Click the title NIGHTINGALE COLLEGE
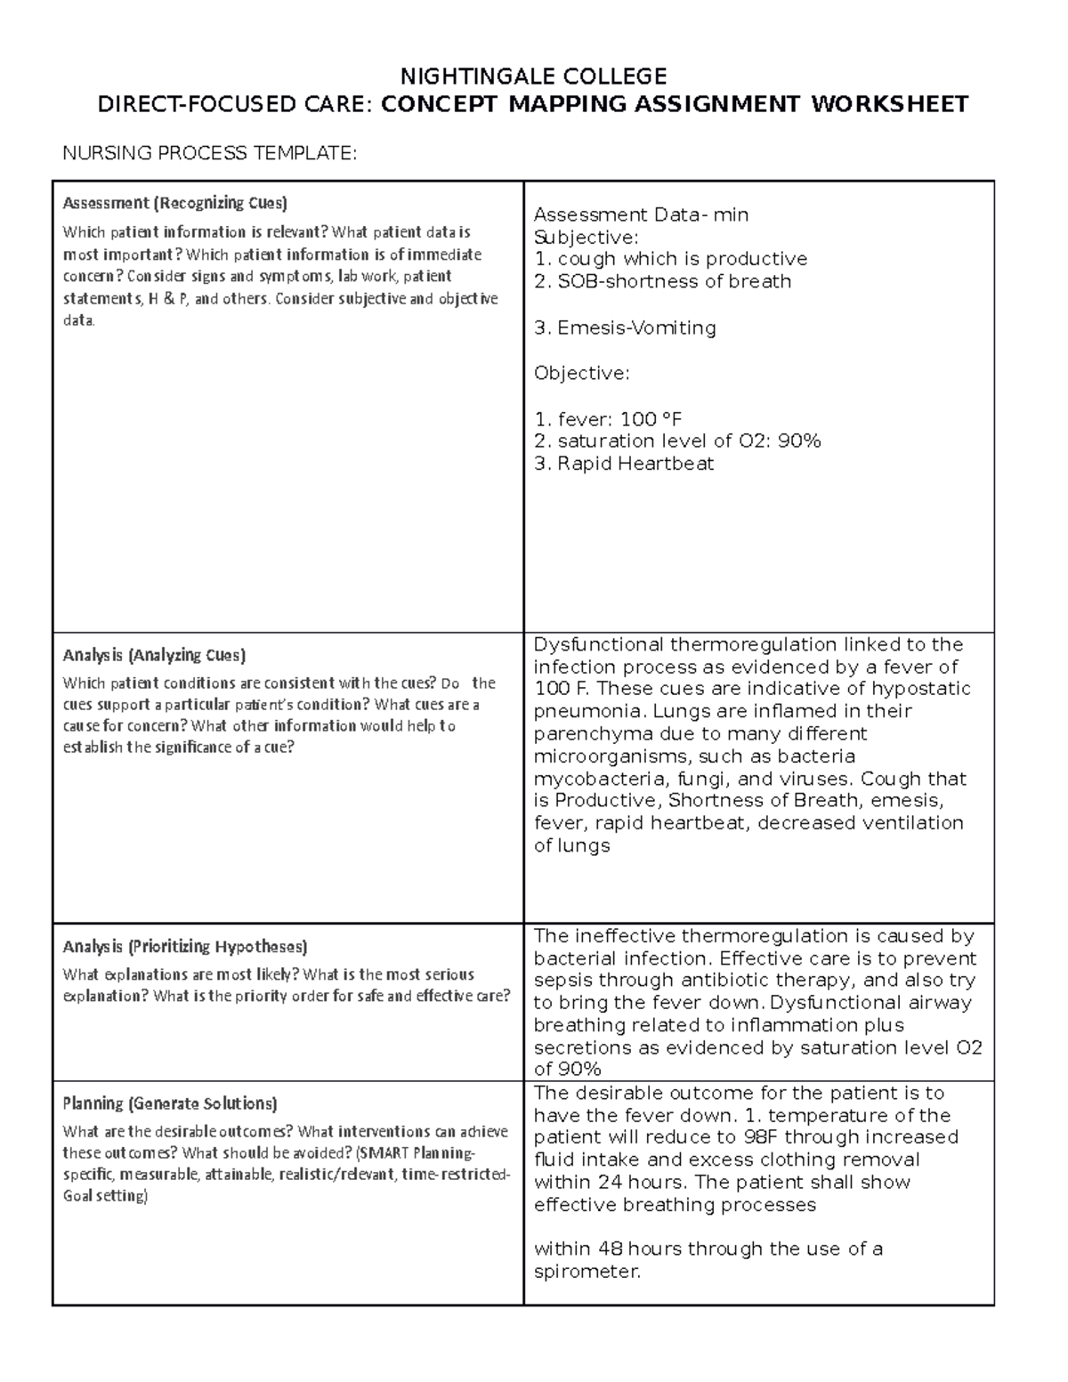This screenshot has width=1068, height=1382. pyautogui.click(x=533, y=75)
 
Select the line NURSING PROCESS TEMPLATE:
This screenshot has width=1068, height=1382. pyautogui.click(x=209, y=153)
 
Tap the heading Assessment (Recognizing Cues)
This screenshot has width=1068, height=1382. pyautogui.click(x=174, y=203)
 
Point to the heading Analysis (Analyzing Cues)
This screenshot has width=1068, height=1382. pyautogui.click(x=154, y=655)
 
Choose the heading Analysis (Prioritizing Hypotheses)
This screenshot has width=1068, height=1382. pyautogui.click(x=185, y=946)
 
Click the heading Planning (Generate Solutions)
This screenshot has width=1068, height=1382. pyautogui.click(x=170, y=1103)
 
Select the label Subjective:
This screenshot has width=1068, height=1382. pyautogui.click(x=586, y=237)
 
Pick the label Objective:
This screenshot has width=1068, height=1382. pyautogui.click(x=581, y=373)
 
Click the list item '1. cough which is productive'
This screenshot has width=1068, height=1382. pyautogui.click(x=670, y=259)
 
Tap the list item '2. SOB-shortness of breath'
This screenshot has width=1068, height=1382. pyautogui.click(x=662, y=281)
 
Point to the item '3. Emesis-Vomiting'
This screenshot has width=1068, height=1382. pyautogui.click(x=625, y=327)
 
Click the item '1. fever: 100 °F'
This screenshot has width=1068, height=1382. pyautogui.click(x=608, y=418)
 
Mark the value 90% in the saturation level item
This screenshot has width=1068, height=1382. pyautogui.click(x=798, y=440)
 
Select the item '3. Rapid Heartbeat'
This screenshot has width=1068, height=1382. pyautogui.click(x=623, y=464)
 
